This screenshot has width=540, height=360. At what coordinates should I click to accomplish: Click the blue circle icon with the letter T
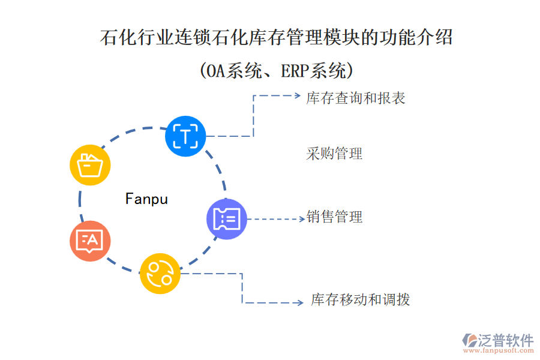185,136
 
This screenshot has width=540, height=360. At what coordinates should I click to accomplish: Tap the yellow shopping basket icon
90,164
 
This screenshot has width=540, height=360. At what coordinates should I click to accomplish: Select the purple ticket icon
227,219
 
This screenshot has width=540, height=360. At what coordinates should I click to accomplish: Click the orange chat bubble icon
90,241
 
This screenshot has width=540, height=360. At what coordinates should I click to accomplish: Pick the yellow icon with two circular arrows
160,273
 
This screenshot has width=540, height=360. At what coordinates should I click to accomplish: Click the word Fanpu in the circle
147,199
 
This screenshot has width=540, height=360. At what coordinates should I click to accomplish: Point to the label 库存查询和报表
356,98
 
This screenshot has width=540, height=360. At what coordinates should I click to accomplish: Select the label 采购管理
334,154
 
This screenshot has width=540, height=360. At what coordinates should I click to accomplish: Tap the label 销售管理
334,217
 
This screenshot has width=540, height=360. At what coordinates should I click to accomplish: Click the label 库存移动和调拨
360,299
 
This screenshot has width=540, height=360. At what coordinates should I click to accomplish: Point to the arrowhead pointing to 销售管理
302,219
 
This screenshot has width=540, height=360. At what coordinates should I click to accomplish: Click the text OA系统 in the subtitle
232,71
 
